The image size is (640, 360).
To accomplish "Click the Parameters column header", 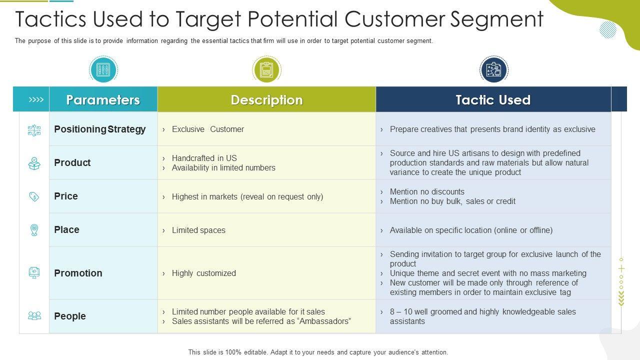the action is [x=103, y=100].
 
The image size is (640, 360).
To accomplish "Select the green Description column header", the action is [x=266, y=100].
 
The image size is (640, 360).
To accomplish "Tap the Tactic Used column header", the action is [x=493, y=100].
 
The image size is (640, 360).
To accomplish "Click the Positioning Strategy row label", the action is [x=99, y=129].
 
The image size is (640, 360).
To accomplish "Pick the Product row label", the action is [x=72, y=163].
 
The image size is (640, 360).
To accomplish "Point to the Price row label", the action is [x=66, y=196].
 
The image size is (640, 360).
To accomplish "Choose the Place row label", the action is [x=66, y=230].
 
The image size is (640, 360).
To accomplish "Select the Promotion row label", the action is [x=78, y=273].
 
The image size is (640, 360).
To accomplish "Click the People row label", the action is [x=70, y=316].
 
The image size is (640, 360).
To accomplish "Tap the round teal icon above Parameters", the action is [x=103, y=69].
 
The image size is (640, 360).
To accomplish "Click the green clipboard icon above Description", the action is [x=266, y=69].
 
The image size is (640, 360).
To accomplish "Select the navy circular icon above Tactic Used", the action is [x=493, y=69].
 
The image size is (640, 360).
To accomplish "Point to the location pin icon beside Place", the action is [x=34, y=230].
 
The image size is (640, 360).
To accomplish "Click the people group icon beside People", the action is [x=34, y=316].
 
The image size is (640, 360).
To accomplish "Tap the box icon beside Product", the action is [x=34, y=163].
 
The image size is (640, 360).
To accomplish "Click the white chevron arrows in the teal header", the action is [x=36, y=100].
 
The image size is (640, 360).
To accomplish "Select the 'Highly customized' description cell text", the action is [x=203, y=273].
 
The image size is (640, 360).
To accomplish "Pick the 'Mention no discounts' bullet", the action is [x=427, y=192].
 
